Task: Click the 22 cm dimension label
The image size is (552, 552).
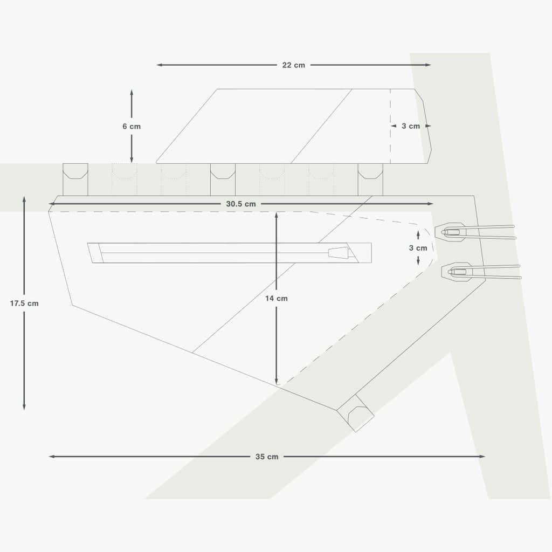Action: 294,65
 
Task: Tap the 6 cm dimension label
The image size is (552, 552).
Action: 132,126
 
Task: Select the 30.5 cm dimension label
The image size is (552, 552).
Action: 241,204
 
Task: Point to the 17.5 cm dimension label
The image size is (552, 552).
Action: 24,303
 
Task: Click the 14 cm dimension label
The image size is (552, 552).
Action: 277,299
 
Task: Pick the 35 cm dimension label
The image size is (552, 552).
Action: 267,457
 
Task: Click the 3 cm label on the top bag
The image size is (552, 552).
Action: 411,126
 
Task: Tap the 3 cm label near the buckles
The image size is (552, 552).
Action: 418,248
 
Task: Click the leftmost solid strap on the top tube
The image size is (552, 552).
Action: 75,180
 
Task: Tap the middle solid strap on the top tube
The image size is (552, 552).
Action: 223,180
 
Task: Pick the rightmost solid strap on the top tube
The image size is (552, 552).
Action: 370,180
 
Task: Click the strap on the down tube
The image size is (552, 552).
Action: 356,413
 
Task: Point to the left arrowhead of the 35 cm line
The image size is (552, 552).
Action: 51,457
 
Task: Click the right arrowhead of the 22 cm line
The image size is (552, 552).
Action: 428,65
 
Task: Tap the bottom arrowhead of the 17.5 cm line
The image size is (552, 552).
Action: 24,408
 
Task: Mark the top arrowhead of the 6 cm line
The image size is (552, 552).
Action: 132,92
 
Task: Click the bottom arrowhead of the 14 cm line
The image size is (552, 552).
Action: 277,382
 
